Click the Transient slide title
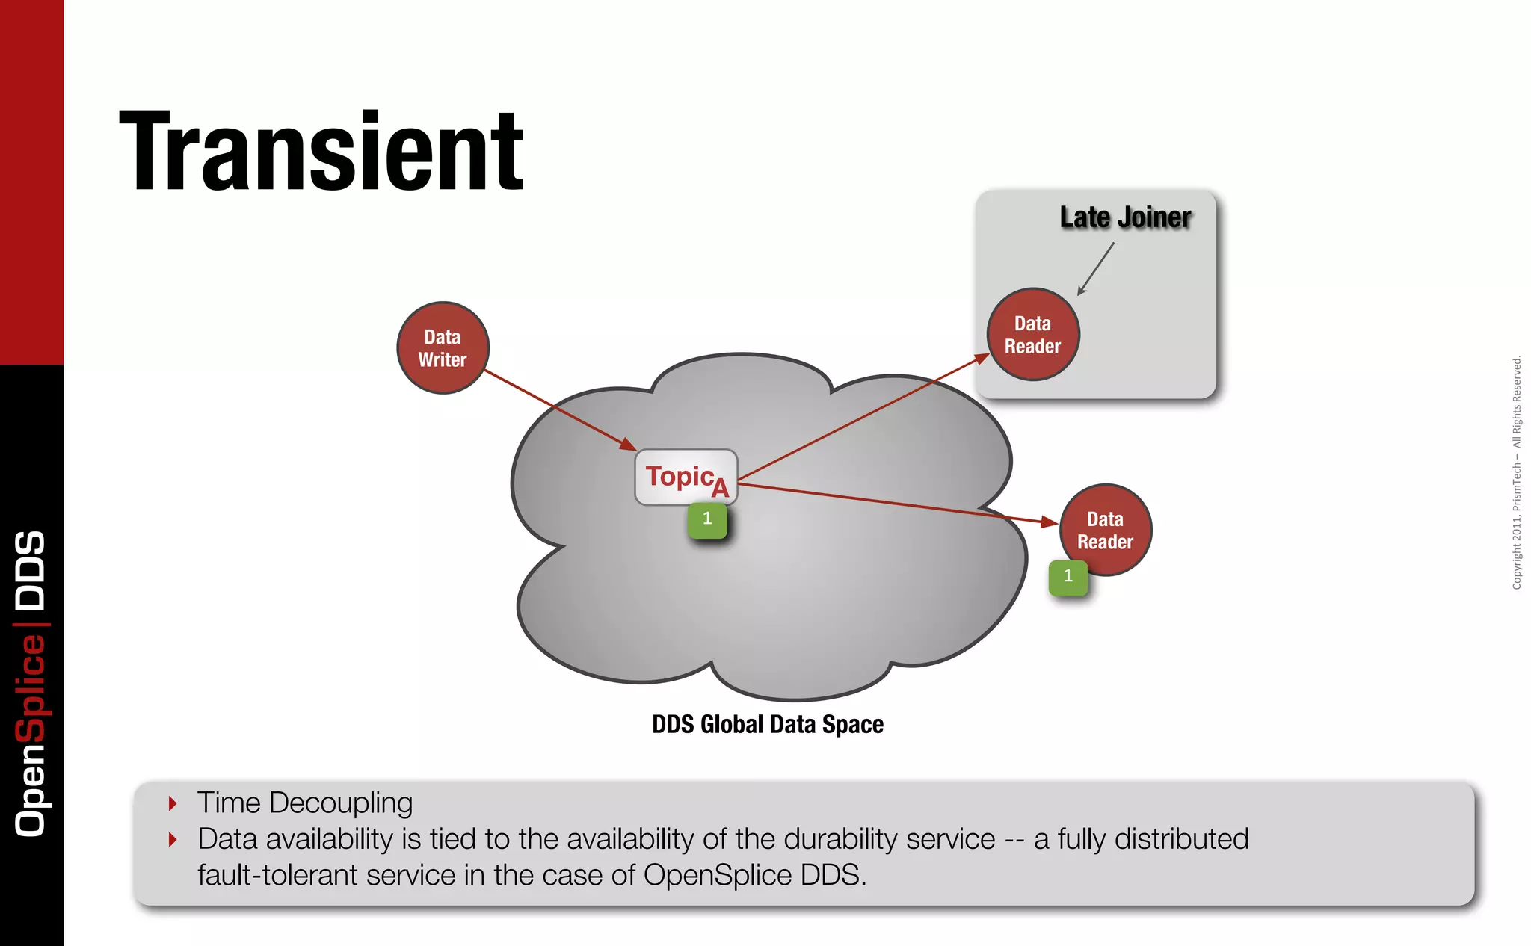pyautogui.click(x=321, y=152)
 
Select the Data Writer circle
pyautogui.click(x=443, y=348)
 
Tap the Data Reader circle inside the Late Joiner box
pyautogui.click(x=1033, y=335)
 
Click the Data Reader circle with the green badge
pyautogui.click(x=1106, y=531)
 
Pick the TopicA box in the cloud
pyautogui.click(x=686, y=477)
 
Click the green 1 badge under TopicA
pyautogui.click(x=707, y=519)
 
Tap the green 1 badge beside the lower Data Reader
pyautogui.click(x=1068, y=577)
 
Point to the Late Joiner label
pyautogui.click(x=1125, y=217)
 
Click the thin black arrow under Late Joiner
pyautogui.click(x=1096, y=268)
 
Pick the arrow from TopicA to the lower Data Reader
pyautogui.click(x=897, y=504)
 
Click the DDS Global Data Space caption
pyautogui.click(x=768, y=724)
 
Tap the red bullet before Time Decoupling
pyautogui.click(x=173, y=804)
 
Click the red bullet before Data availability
pyautogui.click(x=173, y=840)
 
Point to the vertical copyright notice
pyautogui.click(x=1517, y=472)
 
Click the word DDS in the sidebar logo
pyautogui.click(x=31, y=570)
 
